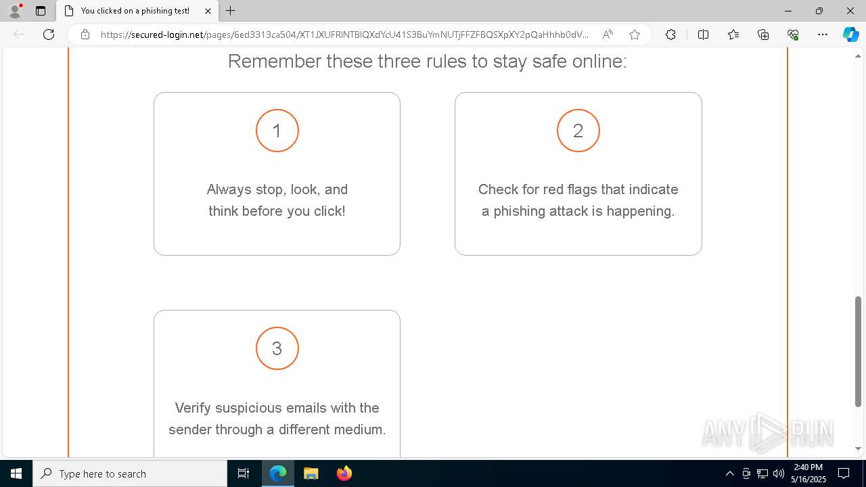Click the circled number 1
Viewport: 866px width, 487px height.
tap(277, 131)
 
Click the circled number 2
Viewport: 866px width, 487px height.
tap(578, 131)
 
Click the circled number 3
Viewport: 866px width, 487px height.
tap(277, 348)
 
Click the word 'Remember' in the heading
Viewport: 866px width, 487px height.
tap(273, 62)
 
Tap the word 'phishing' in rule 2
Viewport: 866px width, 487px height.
tap(525, 211)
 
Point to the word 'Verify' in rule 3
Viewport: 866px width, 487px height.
tap(192, 408)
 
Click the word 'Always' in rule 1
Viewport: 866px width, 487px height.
tap(229, 189)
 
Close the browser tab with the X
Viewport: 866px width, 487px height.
tap(208, 11)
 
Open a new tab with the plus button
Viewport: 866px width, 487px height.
tap(231, 11)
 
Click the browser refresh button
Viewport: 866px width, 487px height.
tap(49, 34)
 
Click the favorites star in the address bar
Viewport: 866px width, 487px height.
tap(634, 34)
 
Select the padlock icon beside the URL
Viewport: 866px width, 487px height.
tap(85, 34)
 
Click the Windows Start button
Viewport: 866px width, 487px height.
tap(16, 473)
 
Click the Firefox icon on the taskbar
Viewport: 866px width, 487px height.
tap(344, 473)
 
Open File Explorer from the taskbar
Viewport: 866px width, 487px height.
tap(311, 473)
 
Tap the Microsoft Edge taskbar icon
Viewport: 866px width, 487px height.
tap(278, 473)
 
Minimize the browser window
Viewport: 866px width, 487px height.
tap(788, 11)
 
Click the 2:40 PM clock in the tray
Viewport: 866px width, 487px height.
tap(808, 467)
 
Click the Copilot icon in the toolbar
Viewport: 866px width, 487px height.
tap(850, 34)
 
